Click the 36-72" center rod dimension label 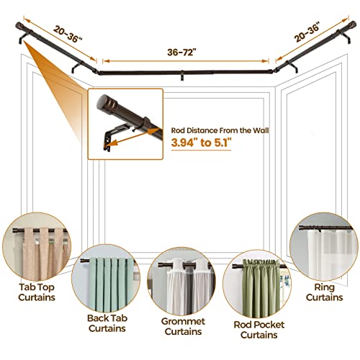pos(184,53)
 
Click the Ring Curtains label pos(325,289)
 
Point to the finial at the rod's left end pos(18,28)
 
